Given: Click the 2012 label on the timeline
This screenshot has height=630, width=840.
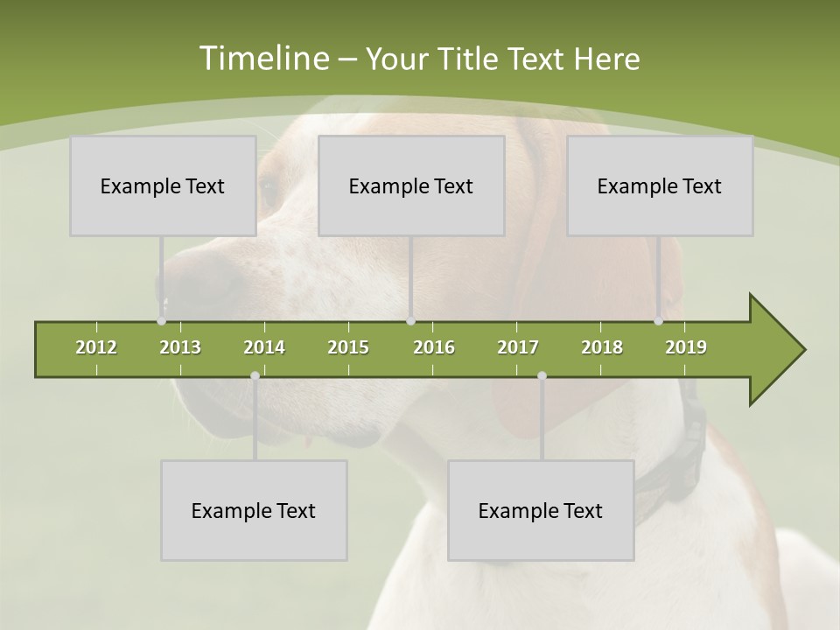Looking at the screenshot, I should pos(96,347).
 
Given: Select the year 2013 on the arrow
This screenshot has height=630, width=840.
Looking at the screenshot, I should pos(180,347).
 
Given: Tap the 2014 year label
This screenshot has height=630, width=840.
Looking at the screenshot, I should pos(264,347).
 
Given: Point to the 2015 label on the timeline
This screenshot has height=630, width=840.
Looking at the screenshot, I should pos(348,347).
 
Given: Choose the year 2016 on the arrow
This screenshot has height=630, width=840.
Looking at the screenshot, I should pos(434,347).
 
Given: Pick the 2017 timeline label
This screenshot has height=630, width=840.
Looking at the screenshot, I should pos(518,347).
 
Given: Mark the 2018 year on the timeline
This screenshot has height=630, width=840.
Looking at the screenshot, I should pos(602,347).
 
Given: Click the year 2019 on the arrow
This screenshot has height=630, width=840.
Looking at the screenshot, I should pos(686,347).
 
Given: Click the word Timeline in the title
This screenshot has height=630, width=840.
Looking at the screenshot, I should pos(262,59).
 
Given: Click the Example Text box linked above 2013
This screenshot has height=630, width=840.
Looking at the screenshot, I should pos(163,185).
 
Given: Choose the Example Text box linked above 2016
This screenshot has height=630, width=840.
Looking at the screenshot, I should pos(411,185).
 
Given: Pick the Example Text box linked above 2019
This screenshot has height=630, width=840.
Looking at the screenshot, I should pos(660,185).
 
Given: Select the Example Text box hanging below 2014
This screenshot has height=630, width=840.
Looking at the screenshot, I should pos(254,510).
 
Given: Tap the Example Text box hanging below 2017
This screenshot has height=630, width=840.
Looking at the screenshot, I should pos(541,510).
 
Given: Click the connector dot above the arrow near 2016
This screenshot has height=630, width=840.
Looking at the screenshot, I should pos(411,321).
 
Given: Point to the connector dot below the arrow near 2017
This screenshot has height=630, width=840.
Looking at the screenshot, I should pos(542,376).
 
